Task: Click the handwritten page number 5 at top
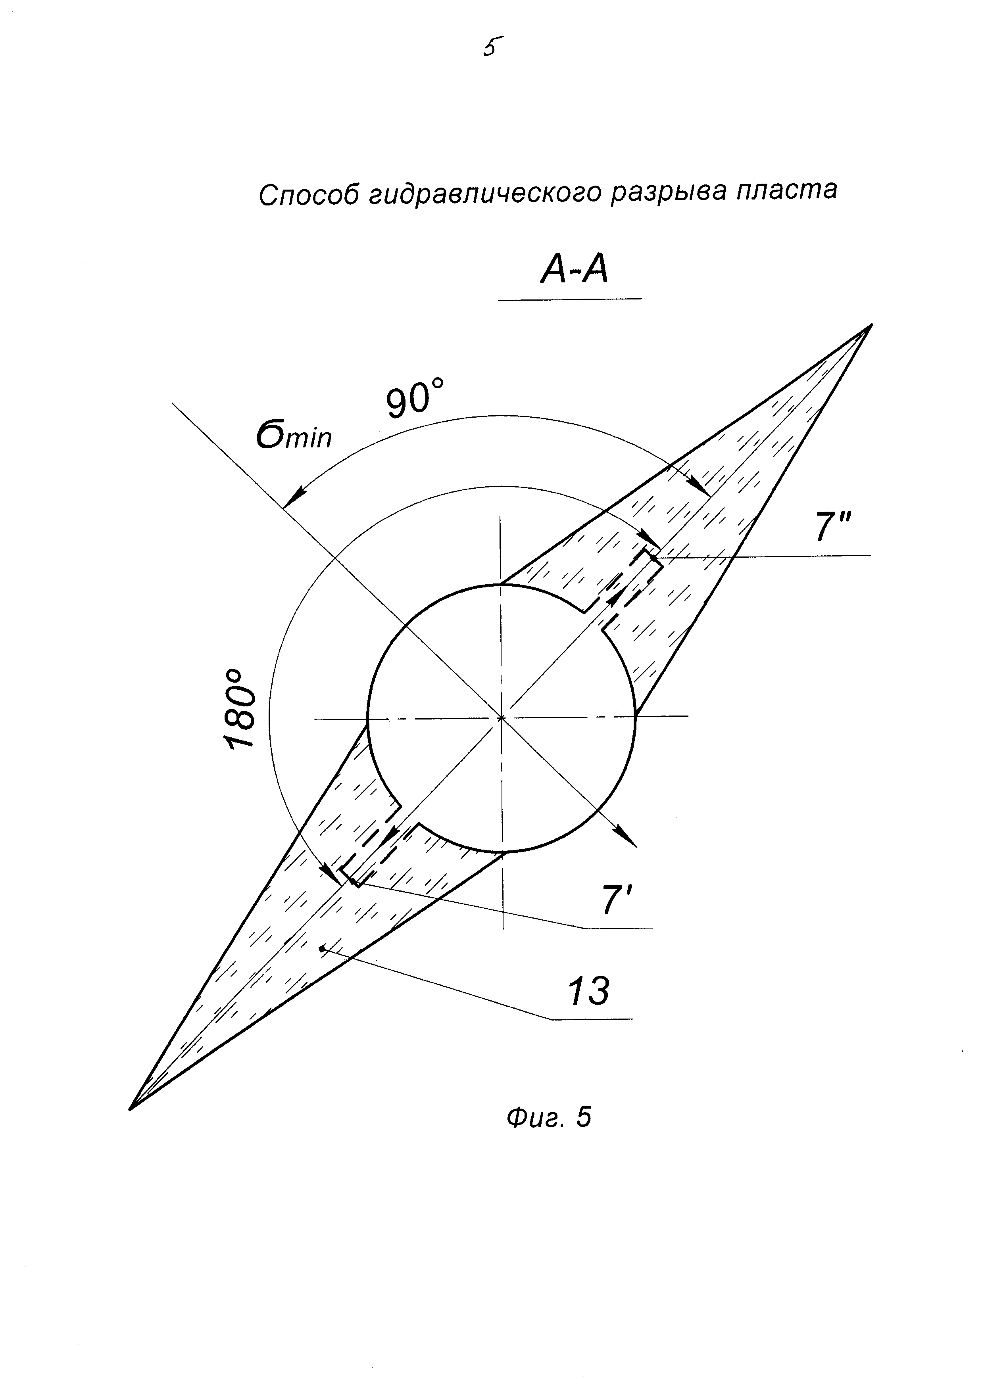coord(493,47)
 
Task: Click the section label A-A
coord(574,270)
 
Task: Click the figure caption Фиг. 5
coord(548,1117)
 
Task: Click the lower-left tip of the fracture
coord(131,1109)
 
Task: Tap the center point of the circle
coord(501,718)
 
